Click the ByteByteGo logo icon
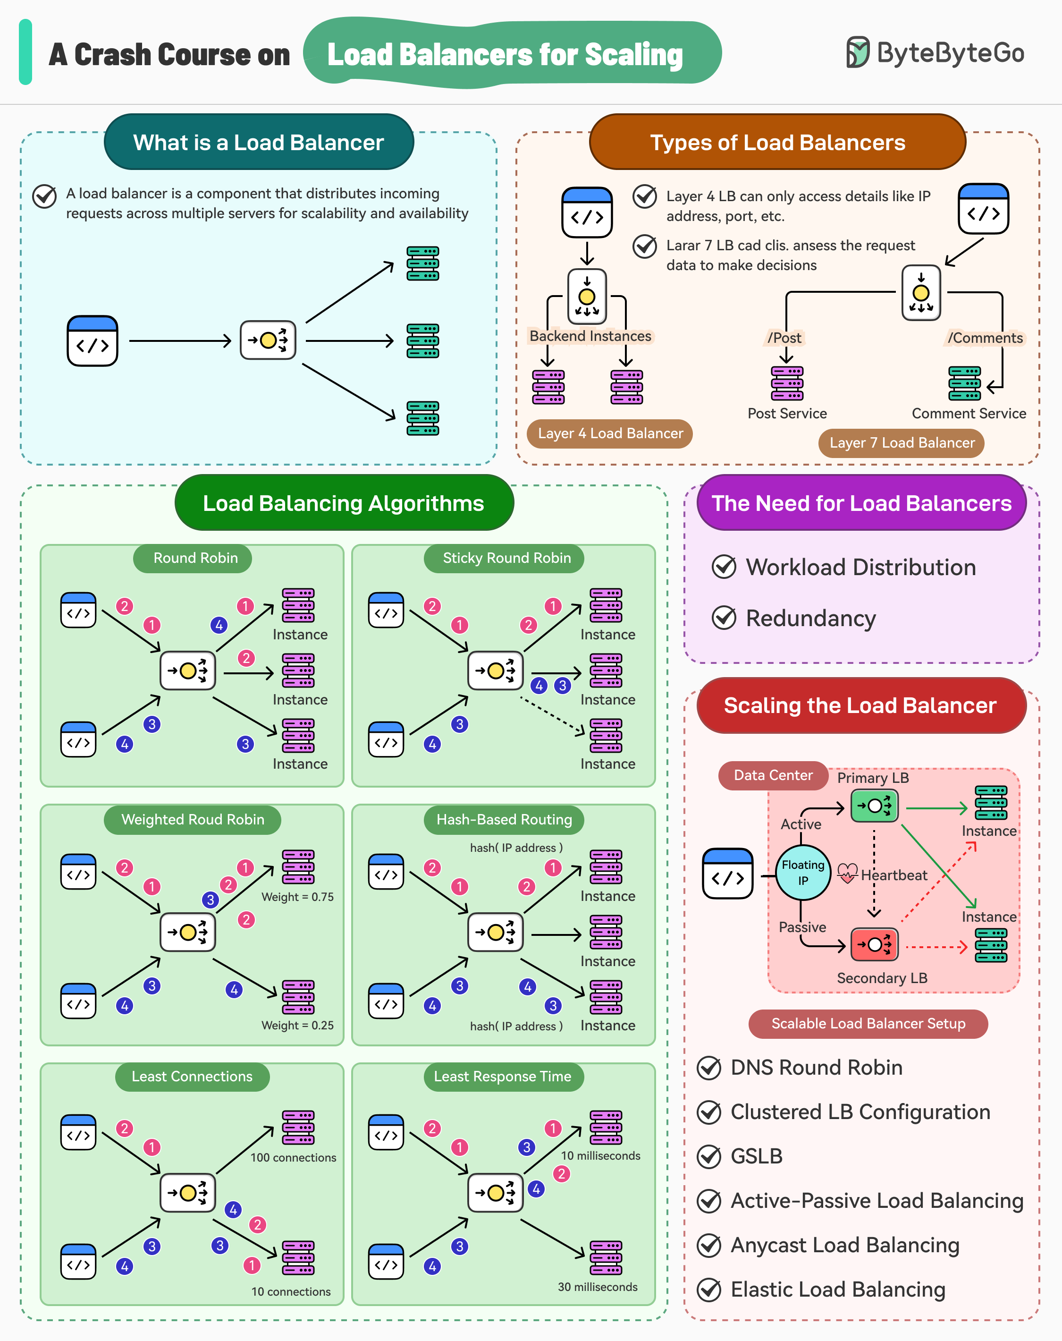tap(858, 52)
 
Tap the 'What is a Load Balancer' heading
tap(259, 143)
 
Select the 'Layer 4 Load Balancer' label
tap(610, 433)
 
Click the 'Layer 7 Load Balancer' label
tap(902, 443)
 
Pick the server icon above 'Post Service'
tap(786, 383)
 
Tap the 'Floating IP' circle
tap(803, 873)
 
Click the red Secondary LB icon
tap(874, 945)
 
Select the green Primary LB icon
tap(874, 806)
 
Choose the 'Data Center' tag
tap(773, 775)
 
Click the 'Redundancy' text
tap(811, 618)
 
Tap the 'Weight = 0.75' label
tap(297, 897)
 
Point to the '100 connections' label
tap(293, 1157)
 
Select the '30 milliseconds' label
tap(597, 1287)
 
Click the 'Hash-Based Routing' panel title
tap(504, 820)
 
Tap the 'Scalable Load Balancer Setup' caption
tap(868, 1024)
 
